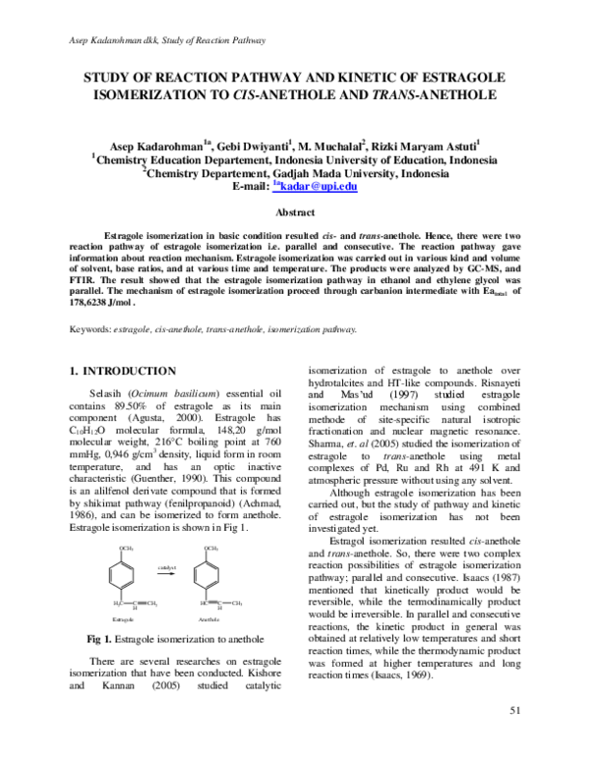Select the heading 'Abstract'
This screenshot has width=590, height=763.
(295, 212)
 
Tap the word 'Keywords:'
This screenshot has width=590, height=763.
(89, 329)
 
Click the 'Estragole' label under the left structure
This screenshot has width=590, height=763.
(123, 620)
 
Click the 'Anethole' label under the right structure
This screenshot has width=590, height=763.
(208, 620)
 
